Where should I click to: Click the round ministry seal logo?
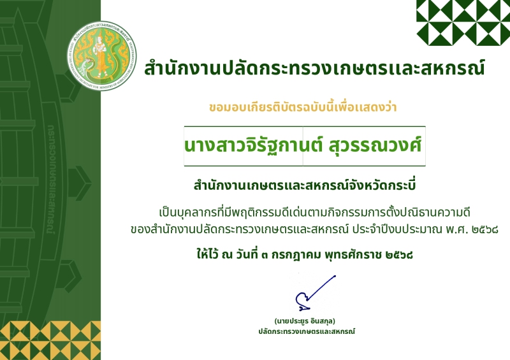102,55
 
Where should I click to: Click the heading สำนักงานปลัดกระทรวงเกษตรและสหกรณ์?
314,68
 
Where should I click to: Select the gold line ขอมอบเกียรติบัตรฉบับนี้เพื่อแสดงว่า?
303,106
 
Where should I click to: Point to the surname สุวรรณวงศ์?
375,145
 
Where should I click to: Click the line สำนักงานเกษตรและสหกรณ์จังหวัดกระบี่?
305,185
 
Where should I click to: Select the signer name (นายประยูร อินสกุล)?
305,321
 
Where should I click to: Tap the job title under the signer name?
307,331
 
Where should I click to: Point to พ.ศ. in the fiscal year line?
456,229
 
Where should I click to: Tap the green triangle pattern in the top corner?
463,22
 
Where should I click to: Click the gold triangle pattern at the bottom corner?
50,340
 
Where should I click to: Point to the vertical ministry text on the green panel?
52,180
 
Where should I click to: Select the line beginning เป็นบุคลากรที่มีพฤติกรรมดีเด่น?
314,212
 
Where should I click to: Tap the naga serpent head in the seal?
87,63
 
